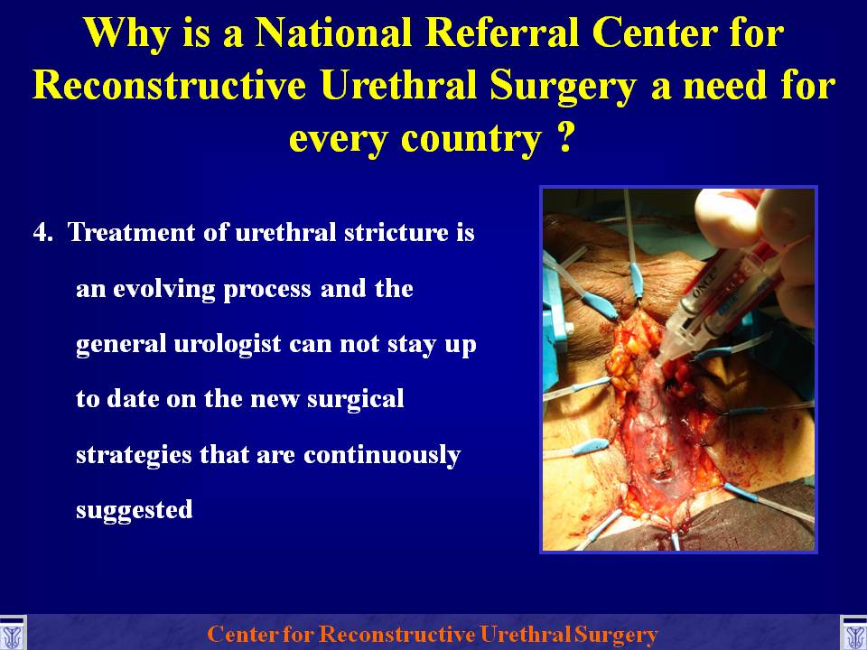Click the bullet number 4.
pos(43,232)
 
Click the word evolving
pos(163,290)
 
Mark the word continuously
pos(381,455)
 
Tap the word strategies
pos(134,455)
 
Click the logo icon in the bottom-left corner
pos(13,633)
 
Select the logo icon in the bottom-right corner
pos(853,633)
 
